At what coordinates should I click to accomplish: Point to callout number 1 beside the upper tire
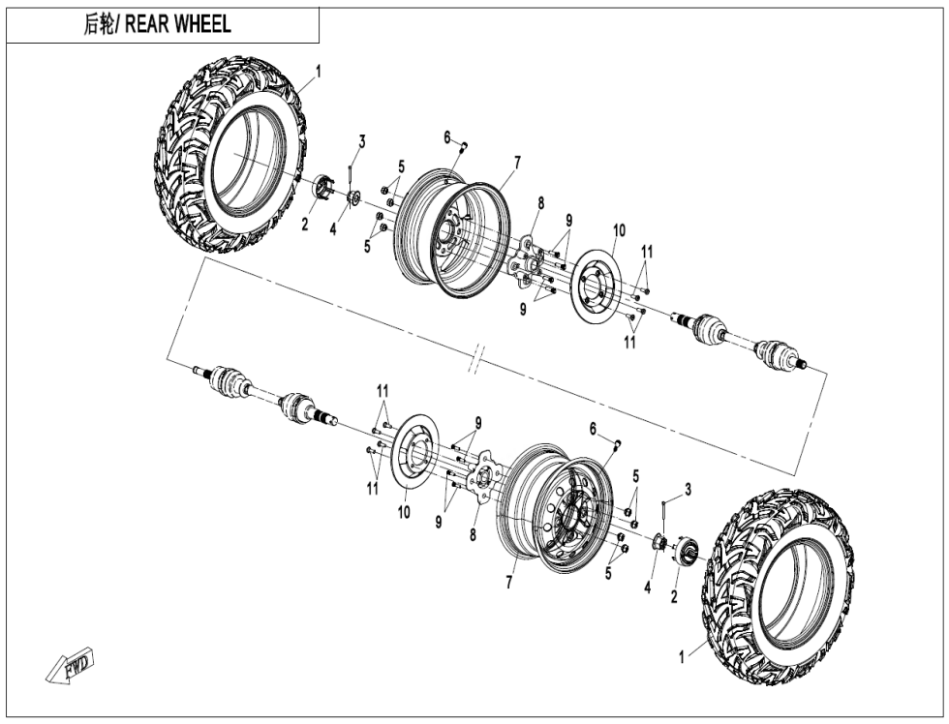click(319, 71)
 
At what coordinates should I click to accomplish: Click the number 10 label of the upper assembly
click(619, 230)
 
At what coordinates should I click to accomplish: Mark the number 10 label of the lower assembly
click(403, 513)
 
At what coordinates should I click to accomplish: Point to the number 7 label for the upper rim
click(517, 163)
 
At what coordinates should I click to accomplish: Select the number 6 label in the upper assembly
click(448, 137)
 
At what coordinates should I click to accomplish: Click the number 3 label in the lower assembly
click(688, 490)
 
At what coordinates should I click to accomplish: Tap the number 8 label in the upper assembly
click(540, 202)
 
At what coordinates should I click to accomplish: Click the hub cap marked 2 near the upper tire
click(324, 188)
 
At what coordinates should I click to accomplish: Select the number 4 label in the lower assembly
click(647, 585)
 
